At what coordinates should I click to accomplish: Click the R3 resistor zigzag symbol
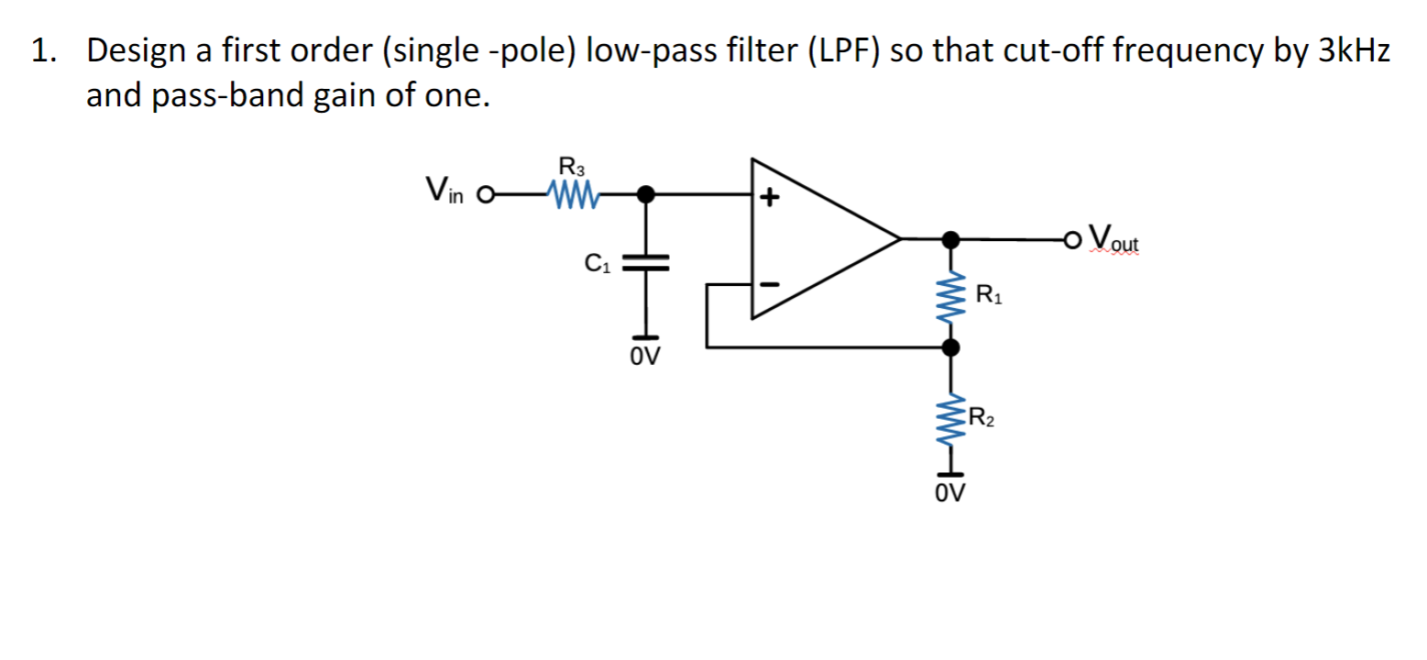[572, 194]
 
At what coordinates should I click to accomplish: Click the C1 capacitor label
[596, 266]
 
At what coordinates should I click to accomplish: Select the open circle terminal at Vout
[1074, 240]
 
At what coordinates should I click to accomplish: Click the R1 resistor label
[989, 294]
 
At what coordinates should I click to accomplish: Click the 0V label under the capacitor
[646, 355]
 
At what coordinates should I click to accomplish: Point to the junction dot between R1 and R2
[952, 347]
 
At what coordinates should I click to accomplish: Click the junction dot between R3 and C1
[647, 194]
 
